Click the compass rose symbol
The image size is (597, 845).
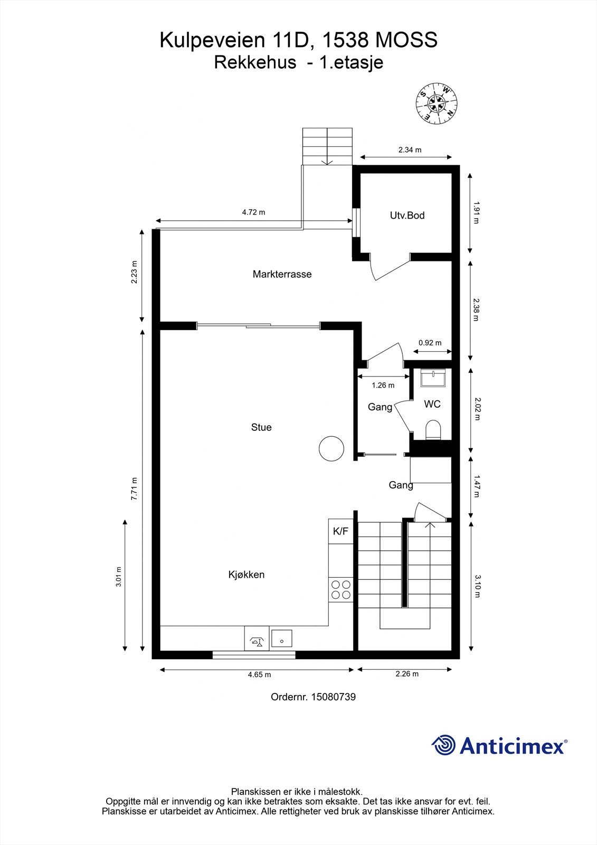pos(437,102)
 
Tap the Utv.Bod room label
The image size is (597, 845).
pos(408,215)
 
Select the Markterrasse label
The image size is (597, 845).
pos(282,274)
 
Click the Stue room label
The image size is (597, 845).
pos(261,427)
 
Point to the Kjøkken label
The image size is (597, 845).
pos(247,575)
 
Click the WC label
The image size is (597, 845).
pos(432,404)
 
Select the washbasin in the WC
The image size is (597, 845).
pos(433,378)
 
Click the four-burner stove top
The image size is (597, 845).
pos(341,589)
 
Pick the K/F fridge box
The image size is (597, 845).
pos(340,531)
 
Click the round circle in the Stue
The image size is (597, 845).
pos(331,448)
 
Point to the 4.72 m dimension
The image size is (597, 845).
pos(253,212)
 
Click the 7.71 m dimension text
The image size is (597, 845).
pos(134,489)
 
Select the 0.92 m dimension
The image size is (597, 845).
pos(430,343)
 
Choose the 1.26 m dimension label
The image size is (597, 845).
pos(383,385)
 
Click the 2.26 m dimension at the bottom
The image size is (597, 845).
pos(407,674)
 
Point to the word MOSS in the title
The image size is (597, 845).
pos(406,40)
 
